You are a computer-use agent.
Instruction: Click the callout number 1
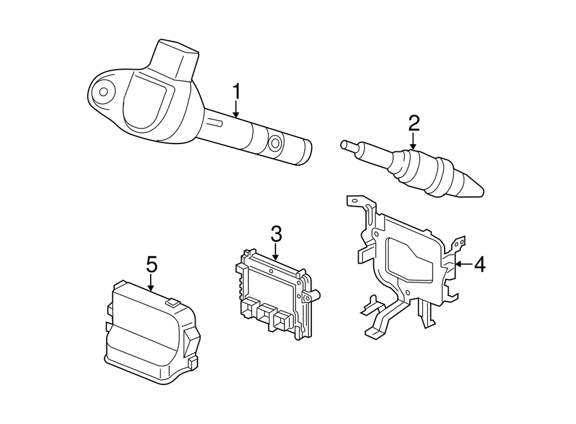coord(236,92)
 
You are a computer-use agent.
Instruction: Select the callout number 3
coord(275,234)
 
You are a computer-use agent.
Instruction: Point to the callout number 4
coord(480,264)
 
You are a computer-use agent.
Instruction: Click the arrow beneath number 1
coord(236,109)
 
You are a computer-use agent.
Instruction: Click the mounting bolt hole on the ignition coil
coord(103,92)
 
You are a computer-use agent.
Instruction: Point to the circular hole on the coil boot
coord(275,143)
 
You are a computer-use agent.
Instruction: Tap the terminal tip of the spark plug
coord(345,145)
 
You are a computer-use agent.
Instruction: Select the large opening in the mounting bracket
coord(411,259)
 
